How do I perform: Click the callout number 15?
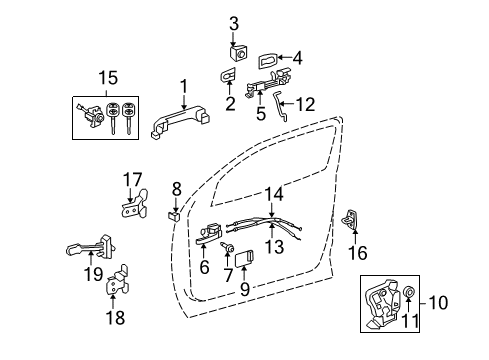[x=105, y=77]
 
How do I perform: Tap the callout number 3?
[x=233, y=23]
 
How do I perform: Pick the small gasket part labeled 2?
[x=227, y=76]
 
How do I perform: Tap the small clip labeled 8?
[x=173, y=213]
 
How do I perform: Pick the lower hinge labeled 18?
[x=119, y=280]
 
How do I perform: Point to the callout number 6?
[x=203, y=267]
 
